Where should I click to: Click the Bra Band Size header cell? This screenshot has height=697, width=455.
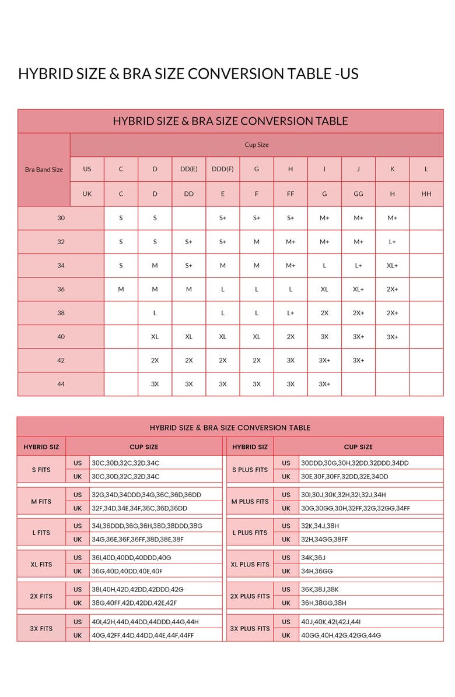point(44,170)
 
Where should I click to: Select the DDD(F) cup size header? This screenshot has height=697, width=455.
point(222,170)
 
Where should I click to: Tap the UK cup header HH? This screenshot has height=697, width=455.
point(426,194)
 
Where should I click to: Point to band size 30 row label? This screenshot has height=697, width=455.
point(61,218)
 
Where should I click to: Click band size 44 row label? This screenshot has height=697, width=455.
point(61,384)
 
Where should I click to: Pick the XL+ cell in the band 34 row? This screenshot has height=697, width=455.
point(392,266)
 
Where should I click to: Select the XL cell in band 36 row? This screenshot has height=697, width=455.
point(324,289)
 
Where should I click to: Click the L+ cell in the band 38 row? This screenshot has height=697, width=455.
point(290,313)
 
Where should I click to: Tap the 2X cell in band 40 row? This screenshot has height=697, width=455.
point(290,337)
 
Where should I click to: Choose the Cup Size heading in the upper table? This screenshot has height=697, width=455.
point(256,145)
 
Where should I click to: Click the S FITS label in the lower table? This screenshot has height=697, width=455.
point(41,470)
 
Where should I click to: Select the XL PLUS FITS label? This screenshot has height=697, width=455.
point(250,565)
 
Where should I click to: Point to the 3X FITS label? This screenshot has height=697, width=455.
point(41,628)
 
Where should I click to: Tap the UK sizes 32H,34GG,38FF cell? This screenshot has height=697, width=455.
point(324,540)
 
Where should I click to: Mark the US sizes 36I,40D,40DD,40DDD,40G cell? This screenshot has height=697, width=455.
point(131,558)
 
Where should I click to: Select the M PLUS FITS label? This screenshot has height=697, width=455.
point(250,501)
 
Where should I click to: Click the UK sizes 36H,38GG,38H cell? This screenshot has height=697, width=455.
point(324,603)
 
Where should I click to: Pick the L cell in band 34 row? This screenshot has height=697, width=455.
point(324,266)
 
